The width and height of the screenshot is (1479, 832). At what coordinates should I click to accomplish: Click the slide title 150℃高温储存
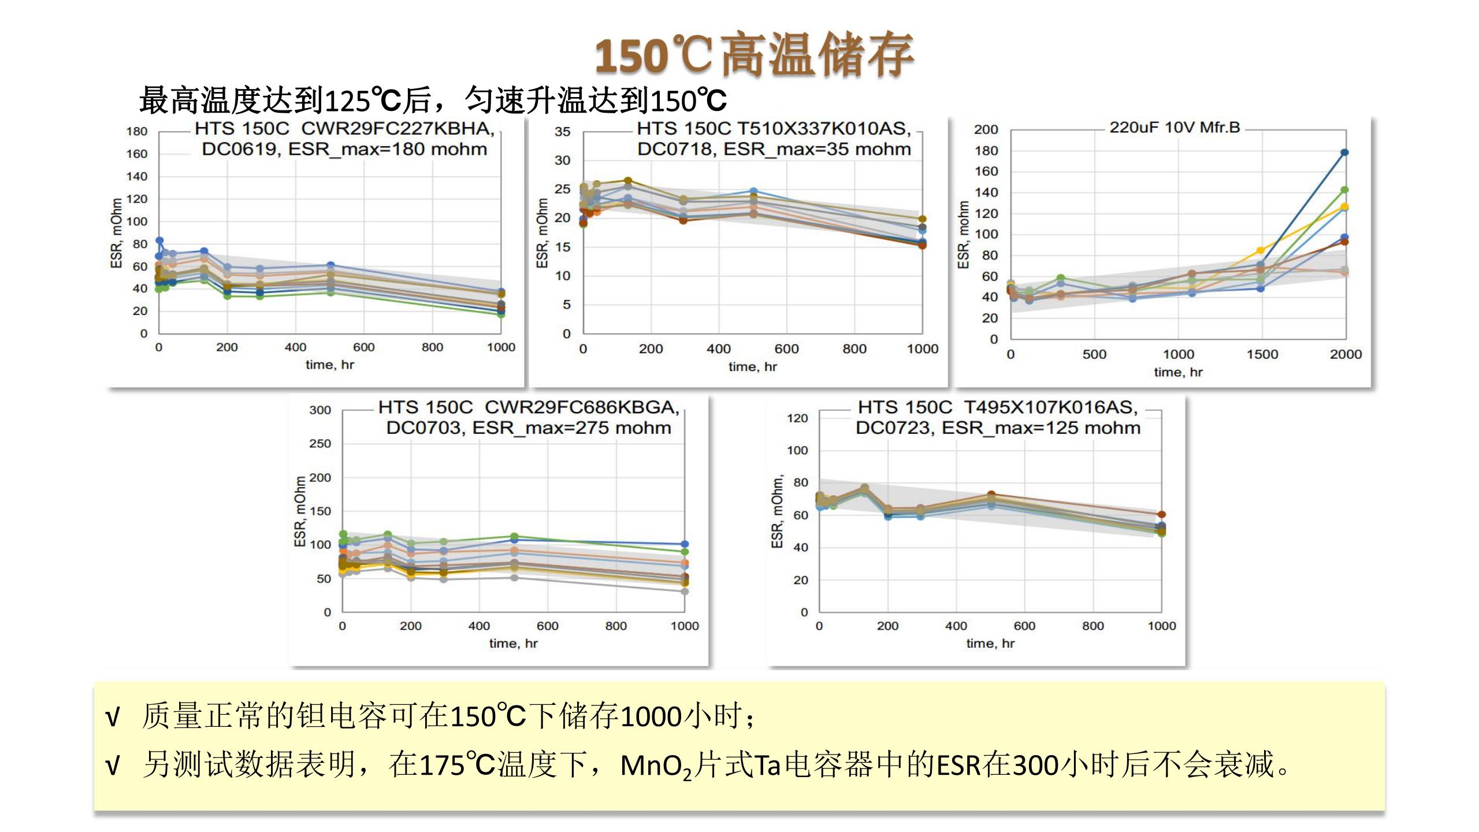(x=754, y=55)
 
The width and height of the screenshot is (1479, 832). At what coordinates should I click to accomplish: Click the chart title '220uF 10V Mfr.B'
(x=1175, y=128)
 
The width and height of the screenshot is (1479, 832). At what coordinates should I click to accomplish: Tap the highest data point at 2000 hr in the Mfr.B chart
(x=1344, y=153)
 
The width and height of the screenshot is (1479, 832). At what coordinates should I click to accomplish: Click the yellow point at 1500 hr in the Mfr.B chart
(x=1260, y=251)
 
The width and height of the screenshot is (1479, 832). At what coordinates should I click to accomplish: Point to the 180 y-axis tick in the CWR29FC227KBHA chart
(x=137, y=132)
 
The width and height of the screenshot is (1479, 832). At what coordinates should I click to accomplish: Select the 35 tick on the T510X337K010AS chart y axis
(x=562, y=132)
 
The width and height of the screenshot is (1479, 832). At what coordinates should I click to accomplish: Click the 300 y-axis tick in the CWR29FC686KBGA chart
(x=320, y=410)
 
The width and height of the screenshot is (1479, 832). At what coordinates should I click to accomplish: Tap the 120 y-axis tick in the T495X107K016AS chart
(x=797, y=418)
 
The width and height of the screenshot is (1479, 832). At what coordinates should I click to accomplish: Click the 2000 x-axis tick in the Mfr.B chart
(x=1346, y=354)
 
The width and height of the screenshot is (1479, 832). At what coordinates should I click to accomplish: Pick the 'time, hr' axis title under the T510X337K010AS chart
(x=752, y=367)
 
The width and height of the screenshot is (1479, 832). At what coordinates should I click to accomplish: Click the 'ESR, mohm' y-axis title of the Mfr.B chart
(x=963, y=235)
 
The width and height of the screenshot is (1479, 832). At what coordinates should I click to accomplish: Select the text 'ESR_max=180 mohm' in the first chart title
(x=387, y=150)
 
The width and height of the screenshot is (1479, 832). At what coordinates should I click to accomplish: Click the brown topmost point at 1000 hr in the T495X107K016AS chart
(x=1161, y=514)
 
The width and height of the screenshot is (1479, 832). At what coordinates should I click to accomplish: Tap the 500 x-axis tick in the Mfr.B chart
(x=1094, y=354)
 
